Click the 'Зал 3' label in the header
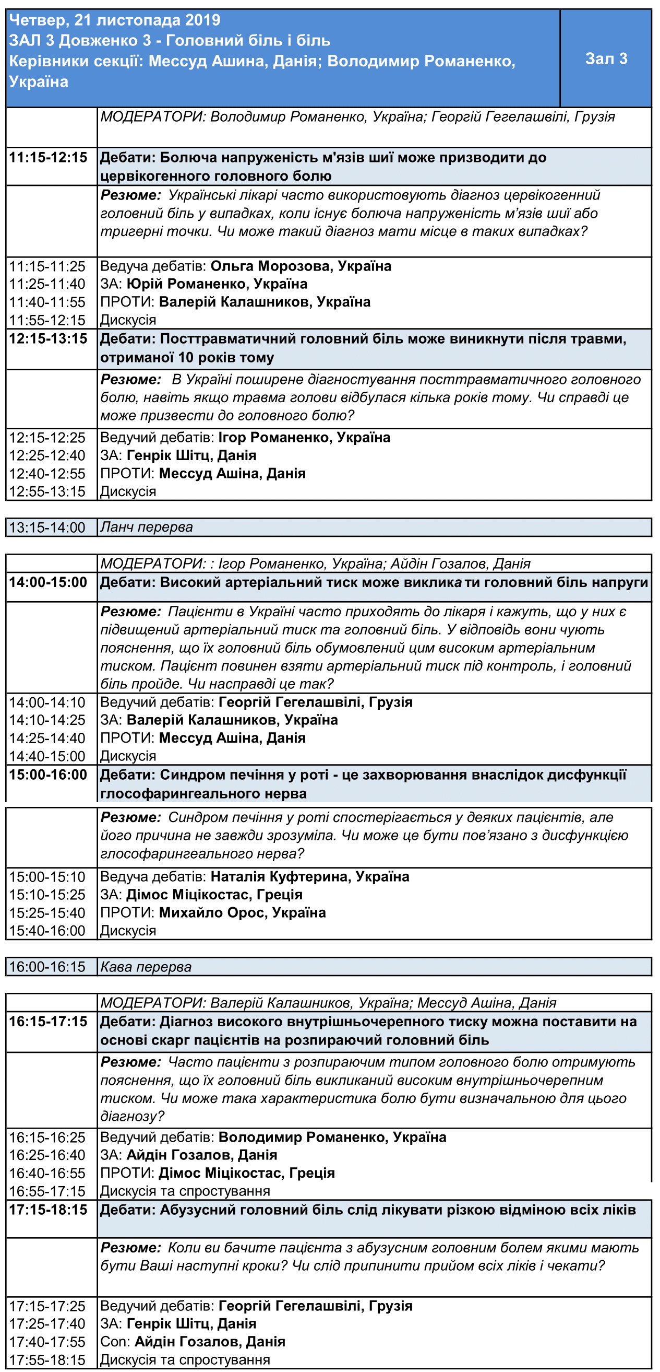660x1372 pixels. (606, 58)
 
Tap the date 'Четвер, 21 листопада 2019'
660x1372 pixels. (114, 20)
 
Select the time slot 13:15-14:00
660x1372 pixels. (47, 527)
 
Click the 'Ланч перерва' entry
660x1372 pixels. (147, 527)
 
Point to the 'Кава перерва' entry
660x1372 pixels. (146, 967)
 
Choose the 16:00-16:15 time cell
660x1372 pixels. (47, 967)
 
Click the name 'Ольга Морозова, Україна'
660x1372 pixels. (301, 266)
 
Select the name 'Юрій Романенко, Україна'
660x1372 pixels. (217, 284)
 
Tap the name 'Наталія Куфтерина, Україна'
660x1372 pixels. (310, 877)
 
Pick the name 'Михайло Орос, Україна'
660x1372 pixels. (242, 912)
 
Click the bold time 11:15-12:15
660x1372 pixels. (49, 157)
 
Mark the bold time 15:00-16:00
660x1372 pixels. (49, 775)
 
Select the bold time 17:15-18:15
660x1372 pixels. (49, 1210)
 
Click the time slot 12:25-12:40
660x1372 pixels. (47, 455)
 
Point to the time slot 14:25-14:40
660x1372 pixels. (47, 738)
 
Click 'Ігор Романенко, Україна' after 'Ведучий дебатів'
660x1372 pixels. (304, 437)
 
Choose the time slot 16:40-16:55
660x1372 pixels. (47, 1173)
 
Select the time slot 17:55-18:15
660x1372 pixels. (47, 1360)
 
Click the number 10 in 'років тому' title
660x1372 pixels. (186, 357)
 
